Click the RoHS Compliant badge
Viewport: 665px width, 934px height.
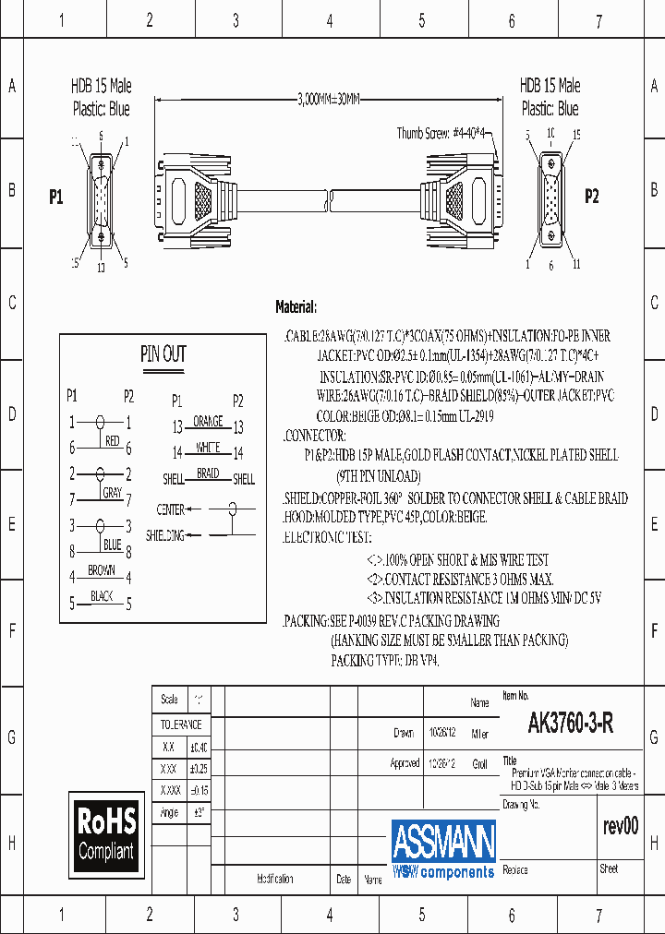coord(106,833)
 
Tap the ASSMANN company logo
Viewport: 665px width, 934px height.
coord(443,848)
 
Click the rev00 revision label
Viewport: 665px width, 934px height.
coord(620,826)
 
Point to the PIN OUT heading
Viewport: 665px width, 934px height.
coord(163,353)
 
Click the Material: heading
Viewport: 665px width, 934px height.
coord(296,306)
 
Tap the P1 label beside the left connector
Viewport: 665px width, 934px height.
coord(56,197)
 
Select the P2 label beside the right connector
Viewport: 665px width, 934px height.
coord(592,196)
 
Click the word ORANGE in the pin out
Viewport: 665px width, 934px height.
coord(209,422)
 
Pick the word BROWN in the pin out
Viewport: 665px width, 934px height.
coord(102,570)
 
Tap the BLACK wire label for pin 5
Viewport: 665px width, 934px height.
coord(102,596)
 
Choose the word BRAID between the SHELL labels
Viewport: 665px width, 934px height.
coord(209,473)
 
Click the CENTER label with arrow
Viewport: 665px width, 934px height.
coord(171,509)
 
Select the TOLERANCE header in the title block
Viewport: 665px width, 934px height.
coord(181,724)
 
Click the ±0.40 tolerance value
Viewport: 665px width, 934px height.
coord(199,747)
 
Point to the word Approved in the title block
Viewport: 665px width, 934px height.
coord(405,764)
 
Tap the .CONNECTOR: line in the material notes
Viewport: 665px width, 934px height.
coord(315,435)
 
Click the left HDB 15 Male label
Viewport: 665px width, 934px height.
coord(102,86)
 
